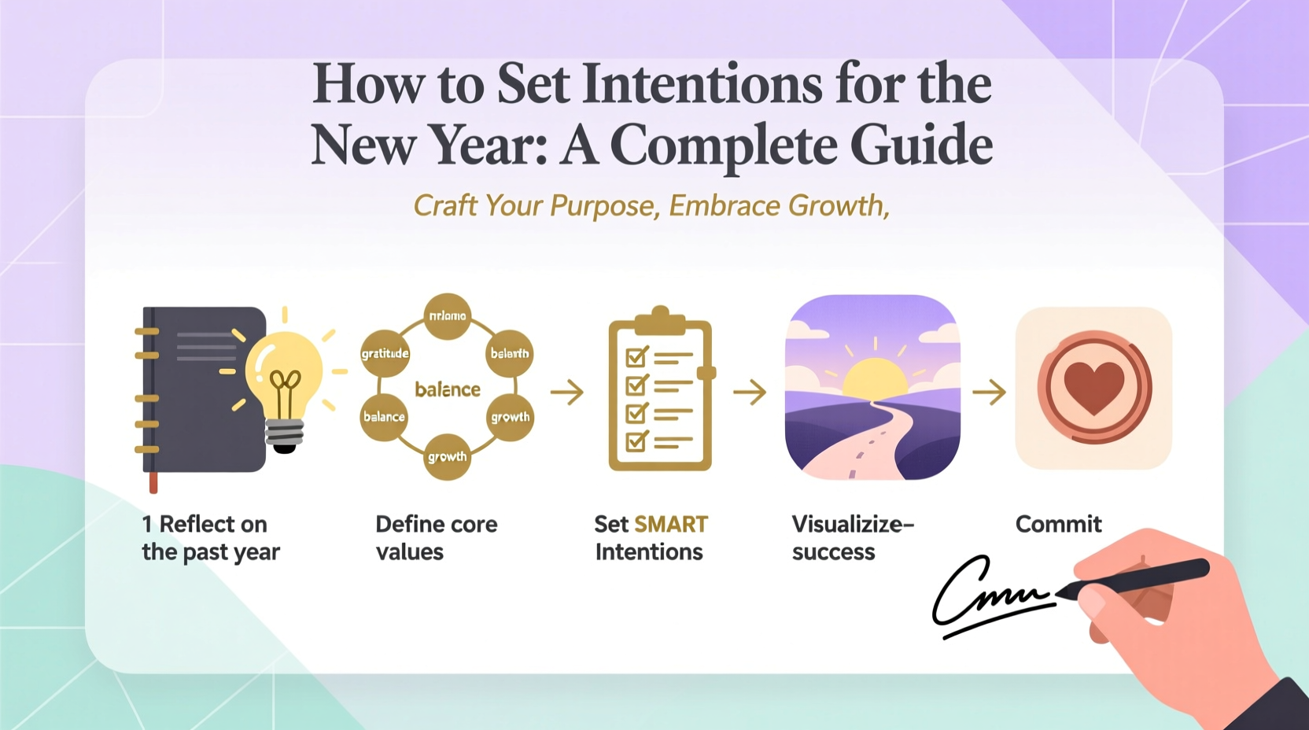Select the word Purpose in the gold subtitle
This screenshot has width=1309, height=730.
[602, 206]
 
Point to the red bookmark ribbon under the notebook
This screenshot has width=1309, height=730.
[153, 482]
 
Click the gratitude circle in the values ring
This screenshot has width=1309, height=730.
[385, 353]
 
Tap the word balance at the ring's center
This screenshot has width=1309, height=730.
[447, 389]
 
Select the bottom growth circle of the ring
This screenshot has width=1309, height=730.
[447, 456]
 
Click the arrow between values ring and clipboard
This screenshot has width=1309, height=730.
[566, 391]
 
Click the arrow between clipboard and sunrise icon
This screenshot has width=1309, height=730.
[750, 391]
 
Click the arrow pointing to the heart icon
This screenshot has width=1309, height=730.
[989, 391]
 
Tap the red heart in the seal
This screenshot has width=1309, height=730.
[1093, 388]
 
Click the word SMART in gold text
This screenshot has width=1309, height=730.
[671, 525]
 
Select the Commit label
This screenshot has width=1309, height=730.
[1058, 525]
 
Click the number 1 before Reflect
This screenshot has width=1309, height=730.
[146, 525]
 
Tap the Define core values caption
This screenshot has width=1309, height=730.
[436, 538]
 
